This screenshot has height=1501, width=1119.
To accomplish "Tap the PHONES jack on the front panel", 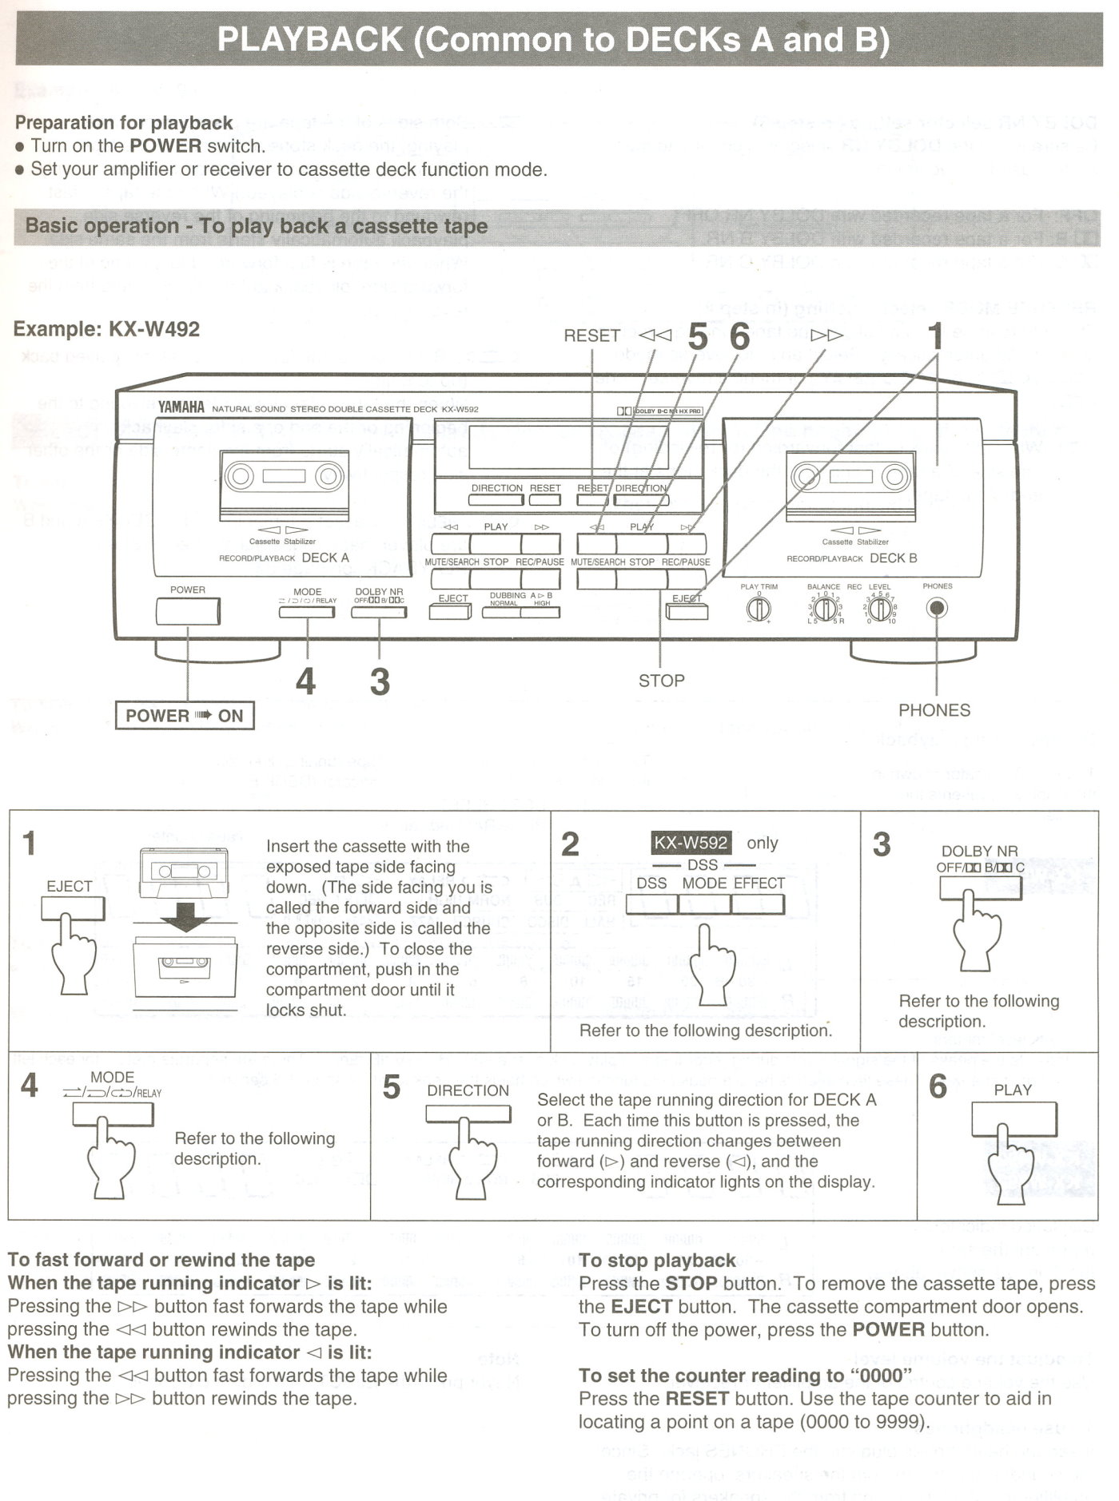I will [x=937, y=609].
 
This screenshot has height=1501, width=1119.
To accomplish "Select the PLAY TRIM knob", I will [x=758, y=610].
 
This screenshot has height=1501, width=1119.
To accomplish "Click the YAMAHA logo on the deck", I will [x=181, y=407].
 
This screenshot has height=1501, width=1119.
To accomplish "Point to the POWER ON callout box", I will [x=185, y=715].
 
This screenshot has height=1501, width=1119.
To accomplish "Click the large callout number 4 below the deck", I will [x=305, y=681].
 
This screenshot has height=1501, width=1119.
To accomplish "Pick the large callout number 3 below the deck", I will [x=380, y=681].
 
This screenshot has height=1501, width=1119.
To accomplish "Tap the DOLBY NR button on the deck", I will [x=380, y=613].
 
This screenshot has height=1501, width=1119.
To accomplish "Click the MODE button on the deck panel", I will [x=308, y=613].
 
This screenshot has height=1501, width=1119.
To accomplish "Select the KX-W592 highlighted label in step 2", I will [x=691, y=843].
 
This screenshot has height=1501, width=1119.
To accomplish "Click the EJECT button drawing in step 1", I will [x=73, y=908].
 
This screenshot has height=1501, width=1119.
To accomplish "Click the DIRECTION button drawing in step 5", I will [x=468, y=1115].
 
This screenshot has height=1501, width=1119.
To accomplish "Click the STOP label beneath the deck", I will [x=661, y=681].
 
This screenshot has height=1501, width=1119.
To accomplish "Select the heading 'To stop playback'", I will [x=657, y=1261].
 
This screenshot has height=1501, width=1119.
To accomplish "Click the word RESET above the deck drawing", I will [x=591, y=336].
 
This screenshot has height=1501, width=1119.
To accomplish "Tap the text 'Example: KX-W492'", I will [x=106, y=329].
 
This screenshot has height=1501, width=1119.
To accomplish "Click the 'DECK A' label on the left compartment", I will [x=325, y=558].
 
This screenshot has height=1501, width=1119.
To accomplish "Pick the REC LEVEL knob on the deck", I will [x=880, y=610].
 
